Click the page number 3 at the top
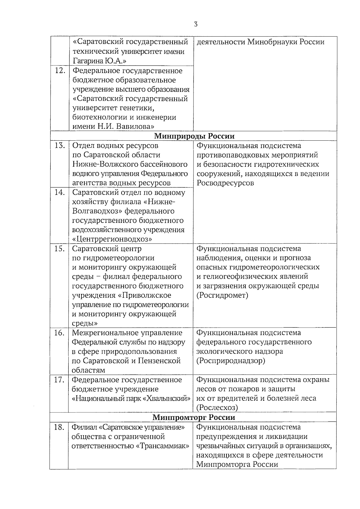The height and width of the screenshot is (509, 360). (x=196, y=25)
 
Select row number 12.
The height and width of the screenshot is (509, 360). (x=60, y=71)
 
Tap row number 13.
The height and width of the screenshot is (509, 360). (x=60, y=146)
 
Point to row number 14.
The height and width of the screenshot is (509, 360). (x=60, y=193)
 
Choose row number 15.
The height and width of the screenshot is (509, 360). (x=60, y=249)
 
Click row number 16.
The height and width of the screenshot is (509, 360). (x=60, y=333)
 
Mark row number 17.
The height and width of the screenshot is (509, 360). (x=60, y=380)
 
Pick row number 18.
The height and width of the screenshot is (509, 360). (x=59, y=427)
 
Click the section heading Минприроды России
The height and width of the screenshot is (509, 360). (x=194, y=136)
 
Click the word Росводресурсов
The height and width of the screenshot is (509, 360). (x=225, y=183)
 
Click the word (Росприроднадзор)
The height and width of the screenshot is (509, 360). (x=231, y=361)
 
